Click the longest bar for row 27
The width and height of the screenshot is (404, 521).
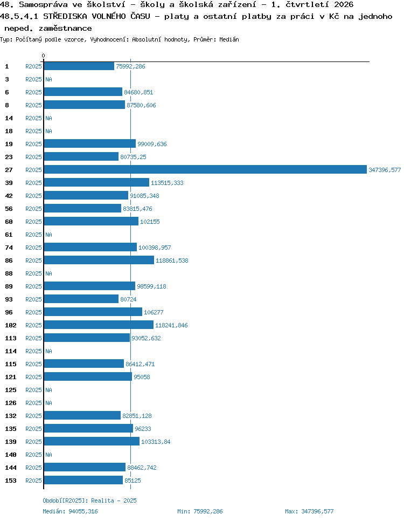pos(205,169)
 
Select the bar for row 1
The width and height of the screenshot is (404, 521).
pos(79,66)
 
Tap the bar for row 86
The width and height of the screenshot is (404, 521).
pos(99,260)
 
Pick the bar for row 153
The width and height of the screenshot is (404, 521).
pos(83,480)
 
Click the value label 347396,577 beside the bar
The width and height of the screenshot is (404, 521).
pos(385,170)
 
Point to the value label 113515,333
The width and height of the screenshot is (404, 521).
pos(167,183)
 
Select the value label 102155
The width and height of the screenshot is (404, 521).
pos(150,222)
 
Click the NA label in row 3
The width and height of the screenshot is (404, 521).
pos(49,79)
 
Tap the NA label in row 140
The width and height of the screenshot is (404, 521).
pos(49,455)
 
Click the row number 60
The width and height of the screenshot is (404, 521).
pos(9,222)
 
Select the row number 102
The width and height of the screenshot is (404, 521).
pos(11,325)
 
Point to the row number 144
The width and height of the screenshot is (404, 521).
pos(11,468)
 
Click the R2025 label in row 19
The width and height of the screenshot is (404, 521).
pos(33,144)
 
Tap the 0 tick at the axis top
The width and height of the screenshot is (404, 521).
pos(44,56)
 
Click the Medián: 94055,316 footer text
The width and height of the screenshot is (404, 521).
pos(70,511)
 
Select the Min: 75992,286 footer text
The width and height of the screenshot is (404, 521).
pos(200,511)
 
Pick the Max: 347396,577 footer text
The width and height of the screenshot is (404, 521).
pos(309,511)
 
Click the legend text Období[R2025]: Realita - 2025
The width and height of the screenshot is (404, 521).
pos(89,501)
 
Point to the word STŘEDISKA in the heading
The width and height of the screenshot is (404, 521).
pos(63,16)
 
